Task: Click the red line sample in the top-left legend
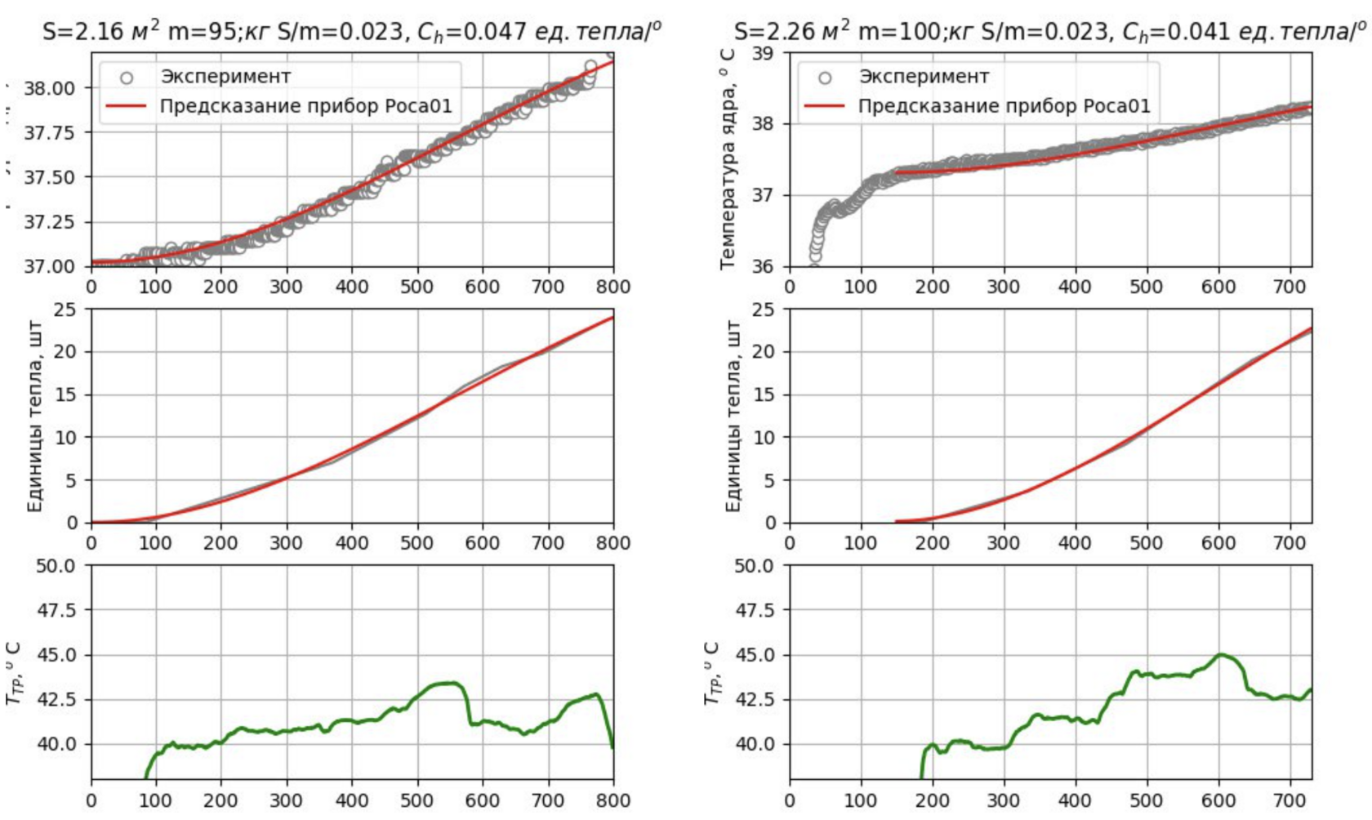(126, 106)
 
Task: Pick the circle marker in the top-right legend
(825, 78)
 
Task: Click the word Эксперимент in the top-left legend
(225, 77)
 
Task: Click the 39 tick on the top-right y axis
(764, 54)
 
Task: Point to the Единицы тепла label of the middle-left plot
(34, 417)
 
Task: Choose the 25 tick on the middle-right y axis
(764, 310)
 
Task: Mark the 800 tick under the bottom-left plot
(612, 800)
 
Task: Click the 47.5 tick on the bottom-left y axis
(56, 611)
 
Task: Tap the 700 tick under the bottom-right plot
(1290, 800)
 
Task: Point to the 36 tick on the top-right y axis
(764, 266)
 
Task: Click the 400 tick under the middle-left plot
(351, 543)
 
